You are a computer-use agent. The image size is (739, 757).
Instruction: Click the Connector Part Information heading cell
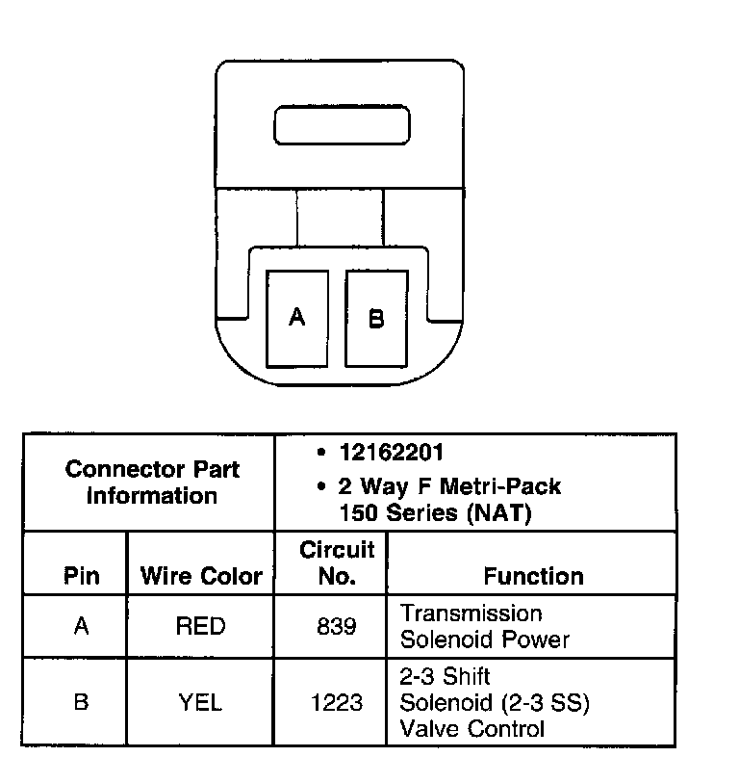coord(152,483)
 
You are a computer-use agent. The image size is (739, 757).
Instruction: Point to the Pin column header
coord(82,576)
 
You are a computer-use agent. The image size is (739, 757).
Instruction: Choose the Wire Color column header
coord(201,576)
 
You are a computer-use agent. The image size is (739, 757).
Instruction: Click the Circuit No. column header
coord(337,563)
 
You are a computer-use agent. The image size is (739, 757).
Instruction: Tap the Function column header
coord(533,576)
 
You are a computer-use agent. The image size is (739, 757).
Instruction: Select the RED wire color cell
coord(201,627)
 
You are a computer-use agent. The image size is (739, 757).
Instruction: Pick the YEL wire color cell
coord(201,702)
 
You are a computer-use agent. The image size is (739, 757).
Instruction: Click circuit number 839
coord(337,627)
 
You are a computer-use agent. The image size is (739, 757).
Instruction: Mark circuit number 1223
coord(337,703)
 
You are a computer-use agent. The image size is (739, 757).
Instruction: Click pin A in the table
coord(82,627)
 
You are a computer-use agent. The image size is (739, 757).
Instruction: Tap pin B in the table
coord(82,702)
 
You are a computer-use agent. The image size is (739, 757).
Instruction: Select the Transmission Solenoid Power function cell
coord(484,626)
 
